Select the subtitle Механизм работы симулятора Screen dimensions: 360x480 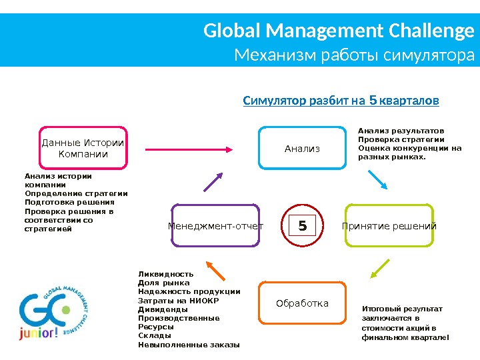click(355, 55)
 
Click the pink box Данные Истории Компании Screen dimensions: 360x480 click(83, 149)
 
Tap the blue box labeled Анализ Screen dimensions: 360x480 click(302, 149)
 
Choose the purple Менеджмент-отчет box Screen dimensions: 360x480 click(215, 226)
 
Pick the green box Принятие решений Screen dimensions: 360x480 click(389, 226)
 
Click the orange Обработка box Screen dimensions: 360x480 click(302, 304)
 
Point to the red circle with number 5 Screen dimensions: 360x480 click(302, 226)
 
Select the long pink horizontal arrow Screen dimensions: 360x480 click(190, 149)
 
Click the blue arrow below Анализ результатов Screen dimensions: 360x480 click(377, 179)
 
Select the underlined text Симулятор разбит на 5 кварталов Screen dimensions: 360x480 click(341, 101)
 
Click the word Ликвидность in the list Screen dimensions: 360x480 click(165, 274)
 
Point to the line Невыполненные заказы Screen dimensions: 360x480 click(189, 345)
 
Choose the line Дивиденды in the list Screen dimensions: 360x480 click(163, 309)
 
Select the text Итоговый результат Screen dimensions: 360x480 click(401, 309)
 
